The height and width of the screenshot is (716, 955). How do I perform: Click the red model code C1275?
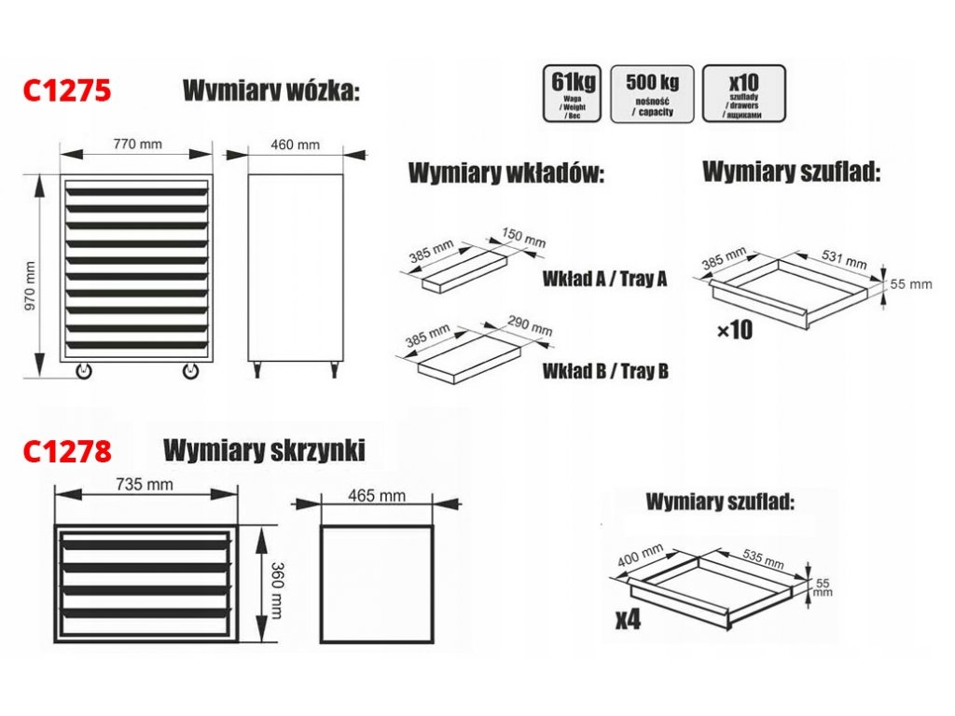pos(66,90)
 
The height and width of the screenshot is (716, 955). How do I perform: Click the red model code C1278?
pos(66,451)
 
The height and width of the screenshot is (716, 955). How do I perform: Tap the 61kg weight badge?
pos(573,92)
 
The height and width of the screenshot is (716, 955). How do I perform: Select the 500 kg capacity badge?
pos(652,92)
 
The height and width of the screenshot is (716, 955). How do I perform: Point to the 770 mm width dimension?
pos(138,145)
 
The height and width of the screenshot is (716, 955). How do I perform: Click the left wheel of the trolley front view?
pos(85,371)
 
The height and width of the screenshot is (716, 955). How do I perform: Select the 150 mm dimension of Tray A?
pos(522,238)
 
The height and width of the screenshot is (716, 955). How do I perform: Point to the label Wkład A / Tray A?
pos(604,279)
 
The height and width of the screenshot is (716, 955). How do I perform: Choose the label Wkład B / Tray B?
pos(605,371)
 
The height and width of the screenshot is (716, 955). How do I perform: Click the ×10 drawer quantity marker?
pos(735,331)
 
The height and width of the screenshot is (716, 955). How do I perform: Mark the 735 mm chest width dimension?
pos(147,484)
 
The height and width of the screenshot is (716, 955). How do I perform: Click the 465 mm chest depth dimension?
pos(377,495)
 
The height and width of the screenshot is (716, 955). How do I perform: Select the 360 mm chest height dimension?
pos(275,588)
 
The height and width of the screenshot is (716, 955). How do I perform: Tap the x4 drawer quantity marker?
pos(628,619)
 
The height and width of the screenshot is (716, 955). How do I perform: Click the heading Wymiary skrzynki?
pos(264,450)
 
